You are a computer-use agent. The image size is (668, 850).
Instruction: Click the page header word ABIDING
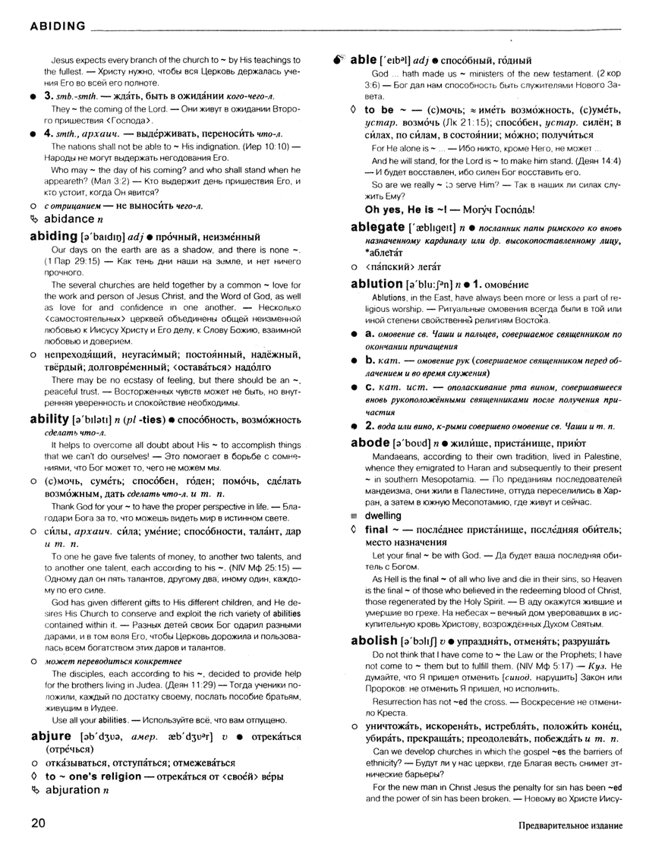tap(57, 26)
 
